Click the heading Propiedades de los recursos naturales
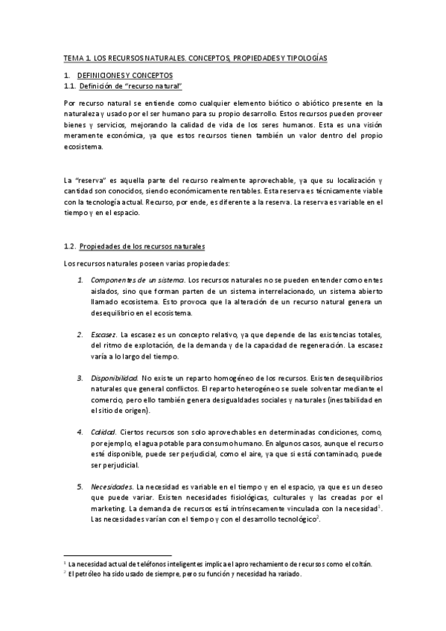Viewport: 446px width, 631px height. click(x=142, y=246)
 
